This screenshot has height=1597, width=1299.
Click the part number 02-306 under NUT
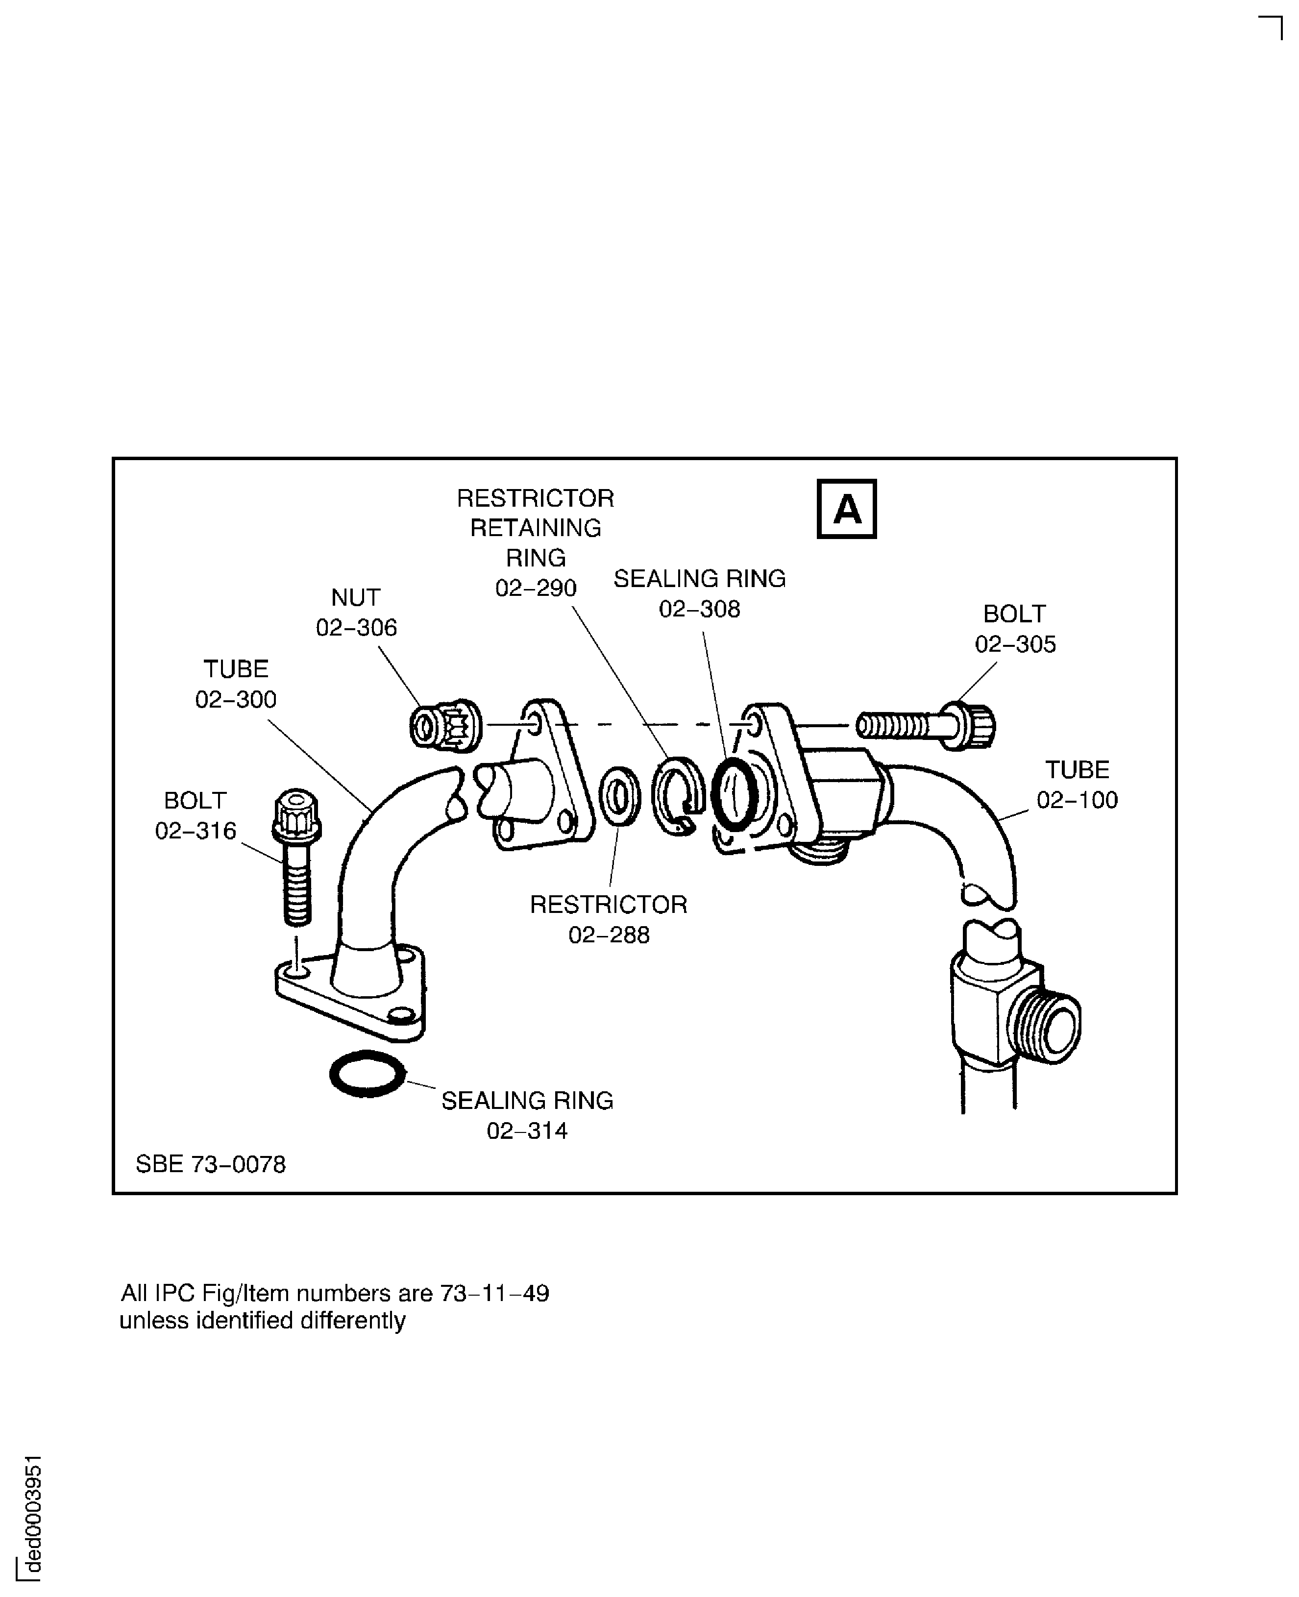[x=356, y=627]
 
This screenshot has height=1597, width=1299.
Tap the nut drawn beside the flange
[x=445, y=724]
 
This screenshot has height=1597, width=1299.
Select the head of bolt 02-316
[x=297, y=816]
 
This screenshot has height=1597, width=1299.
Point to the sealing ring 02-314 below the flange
[x=368, y=1074]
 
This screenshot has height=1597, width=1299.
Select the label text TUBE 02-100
[x=1077, y=784]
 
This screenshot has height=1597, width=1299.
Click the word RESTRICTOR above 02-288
[x=609, y=904]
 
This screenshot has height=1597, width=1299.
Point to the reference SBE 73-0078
[x=211, y=1164]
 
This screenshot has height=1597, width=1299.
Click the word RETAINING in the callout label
[x=536, y=528]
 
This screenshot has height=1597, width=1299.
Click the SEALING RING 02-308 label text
[x=700, y=593]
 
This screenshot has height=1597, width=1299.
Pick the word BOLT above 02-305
[x=1014, y=614]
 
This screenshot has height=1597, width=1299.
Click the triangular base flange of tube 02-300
[x=352, y=1003]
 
